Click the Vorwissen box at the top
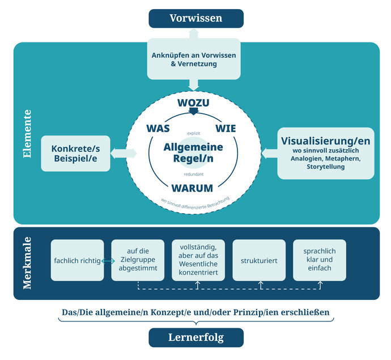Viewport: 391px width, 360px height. pos(195,18)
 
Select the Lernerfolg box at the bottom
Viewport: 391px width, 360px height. pos(195,337)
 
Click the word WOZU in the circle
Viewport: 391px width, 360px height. pos(193,103)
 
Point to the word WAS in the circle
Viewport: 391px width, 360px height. pos(158,128)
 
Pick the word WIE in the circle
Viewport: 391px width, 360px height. pos(226,128)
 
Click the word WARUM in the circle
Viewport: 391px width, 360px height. pos(193,188)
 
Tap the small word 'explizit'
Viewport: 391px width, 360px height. pos(193,133)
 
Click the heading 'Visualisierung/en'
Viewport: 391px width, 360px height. pos(326,139)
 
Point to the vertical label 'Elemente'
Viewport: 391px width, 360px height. pos(26,133)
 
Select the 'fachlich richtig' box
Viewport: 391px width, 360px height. pos(77,261)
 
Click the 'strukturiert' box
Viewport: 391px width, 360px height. pos(258,261)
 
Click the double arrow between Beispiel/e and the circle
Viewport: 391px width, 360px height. pos(125,153)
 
